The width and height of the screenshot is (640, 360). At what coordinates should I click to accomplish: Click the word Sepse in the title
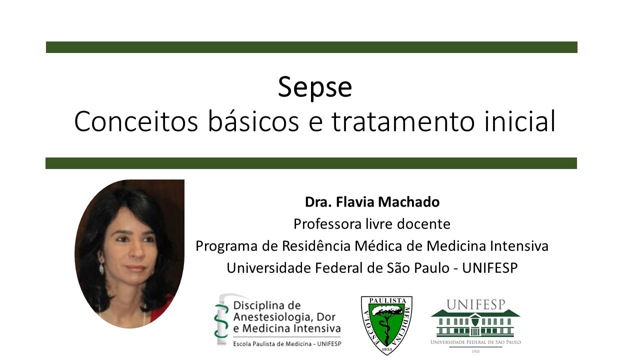315,87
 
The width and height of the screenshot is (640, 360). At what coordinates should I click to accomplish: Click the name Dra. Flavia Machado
372,202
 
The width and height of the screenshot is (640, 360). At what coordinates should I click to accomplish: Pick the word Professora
325,224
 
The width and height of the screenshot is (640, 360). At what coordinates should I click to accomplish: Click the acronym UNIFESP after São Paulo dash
490,268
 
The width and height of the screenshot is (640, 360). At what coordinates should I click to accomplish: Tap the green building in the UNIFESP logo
475,323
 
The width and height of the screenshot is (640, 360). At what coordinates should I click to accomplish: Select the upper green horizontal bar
311,47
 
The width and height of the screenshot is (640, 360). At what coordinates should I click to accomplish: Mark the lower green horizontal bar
311,163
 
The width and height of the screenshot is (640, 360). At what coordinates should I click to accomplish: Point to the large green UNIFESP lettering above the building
475,304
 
